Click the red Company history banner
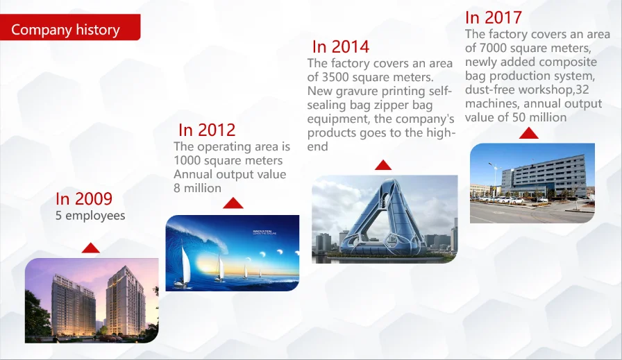(x=70, y=27)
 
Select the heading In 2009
(x=84, y=198)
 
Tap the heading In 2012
(x=207, y=130)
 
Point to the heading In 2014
(x=341, y=46)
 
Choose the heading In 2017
(x=494, y=17)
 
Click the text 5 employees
(x=90, y=216)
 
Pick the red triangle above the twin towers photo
(x=91, y=248)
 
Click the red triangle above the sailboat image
(x=233, y=203)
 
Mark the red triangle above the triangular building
(x=383, y=165)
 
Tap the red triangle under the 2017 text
(x=529, y=132)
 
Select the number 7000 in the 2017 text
(x=493, y=48)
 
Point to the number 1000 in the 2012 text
(x=187, y=160)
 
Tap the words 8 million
(x=198, y=189)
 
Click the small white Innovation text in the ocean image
(x=262, y=232)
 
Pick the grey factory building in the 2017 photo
(x=544, y=176)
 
